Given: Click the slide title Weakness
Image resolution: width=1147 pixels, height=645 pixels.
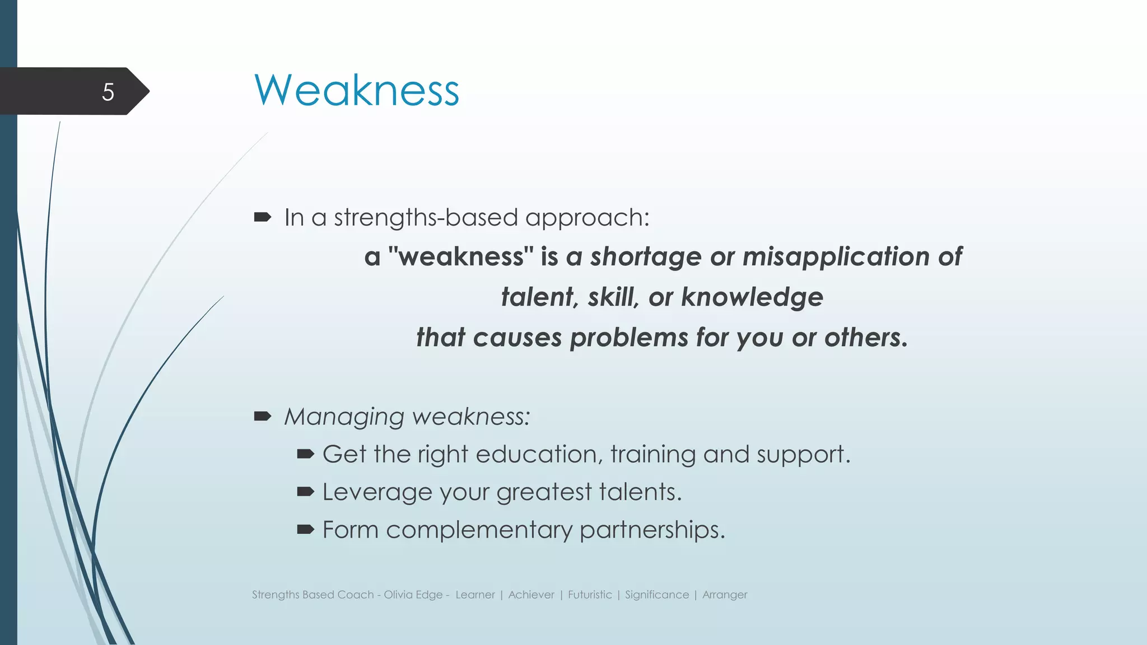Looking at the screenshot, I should pos(357,90).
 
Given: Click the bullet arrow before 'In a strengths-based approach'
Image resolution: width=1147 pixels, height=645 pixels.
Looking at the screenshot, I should pos(262,217).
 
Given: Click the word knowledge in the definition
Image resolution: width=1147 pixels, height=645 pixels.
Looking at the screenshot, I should pos(752,297).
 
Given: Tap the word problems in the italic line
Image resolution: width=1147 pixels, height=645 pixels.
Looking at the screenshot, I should pos(629,338).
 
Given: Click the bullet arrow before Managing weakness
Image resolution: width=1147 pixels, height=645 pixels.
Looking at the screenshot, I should pos(262,416).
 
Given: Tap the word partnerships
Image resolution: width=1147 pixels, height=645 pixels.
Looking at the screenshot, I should pos(652,530).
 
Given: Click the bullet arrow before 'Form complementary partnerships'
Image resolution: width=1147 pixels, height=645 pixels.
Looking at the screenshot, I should pos(305,529).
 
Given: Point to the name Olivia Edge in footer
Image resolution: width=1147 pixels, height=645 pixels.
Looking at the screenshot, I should pos(413,595).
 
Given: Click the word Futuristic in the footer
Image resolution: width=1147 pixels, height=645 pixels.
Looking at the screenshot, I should pos(590,595).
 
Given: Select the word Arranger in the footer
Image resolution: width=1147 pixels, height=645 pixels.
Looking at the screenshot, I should pos(725,595).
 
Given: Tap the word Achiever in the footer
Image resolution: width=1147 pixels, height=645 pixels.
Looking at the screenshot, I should pos(531,595).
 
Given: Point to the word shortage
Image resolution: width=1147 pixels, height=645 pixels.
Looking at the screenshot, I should pos(646,257).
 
